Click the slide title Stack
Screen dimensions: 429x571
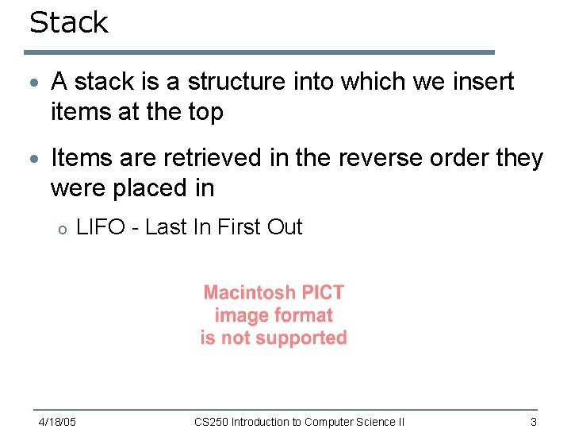coord(68,22)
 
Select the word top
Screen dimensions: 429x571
coord(205,112)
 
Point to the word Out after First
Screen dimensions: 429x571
coord(284,227)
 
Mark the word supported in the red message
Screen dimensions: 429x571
coord(298,338)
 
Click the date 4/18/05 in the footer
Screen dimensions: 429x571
coord(58,422)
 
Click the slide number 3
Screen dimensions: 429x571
coord(534,422)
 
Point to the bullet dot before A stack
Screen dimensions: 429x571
coord(33,83)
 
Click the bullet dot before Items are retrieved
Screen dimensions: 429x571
coord(33,160)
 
